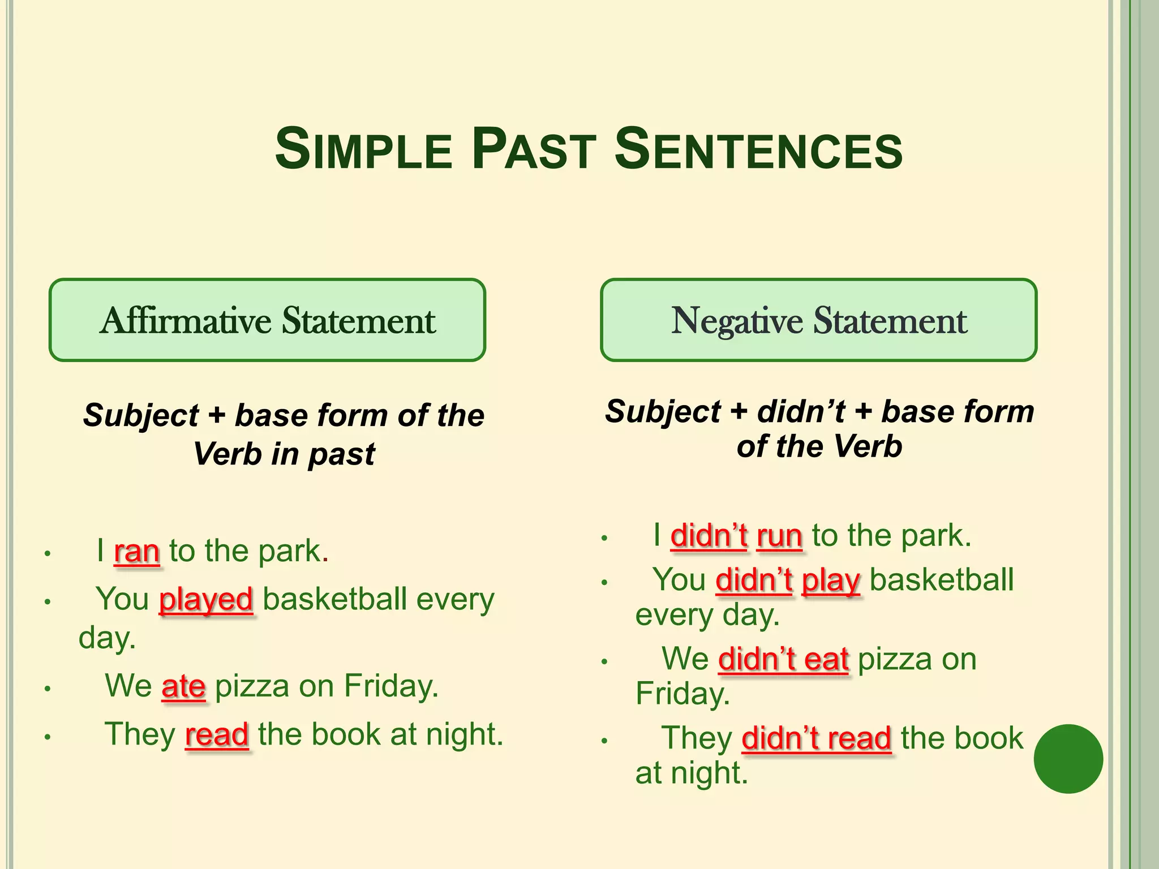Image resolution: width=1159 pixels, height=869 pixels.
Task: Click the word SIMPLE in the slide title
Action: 363,150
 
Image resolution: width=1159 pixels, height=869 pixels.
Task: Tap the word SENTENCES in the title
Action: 758,150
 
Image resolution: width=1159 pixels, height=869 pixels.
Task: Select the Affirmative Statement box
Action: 267,320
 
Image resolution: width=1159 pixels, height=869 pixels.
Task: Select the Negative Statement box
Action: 818,320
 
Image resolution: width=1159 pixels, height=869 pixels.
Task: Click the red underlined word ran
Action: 137,551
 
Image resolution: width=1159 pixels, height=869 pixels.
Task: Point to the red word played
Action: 206,600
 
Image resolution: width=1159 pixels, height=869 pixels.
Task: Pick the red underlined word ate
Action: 183,686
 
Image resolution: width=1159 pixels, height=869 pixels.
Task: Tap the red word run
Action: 779,536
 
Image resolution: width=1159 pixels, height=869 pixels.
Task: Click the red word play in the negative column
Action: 831,580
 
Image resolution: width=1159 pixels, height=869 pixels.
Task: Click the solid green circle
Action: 1068,759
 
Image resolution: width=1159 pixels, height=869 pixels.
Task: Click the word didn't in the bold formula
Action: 801,412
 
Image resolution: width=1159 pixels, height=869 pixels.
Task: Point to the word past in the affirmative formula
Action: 341,454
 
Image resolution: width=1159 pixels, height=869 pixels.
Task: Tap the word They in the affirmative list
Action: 140,735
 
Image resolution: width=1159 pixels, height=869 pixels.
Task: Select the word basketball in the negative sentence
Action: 941,580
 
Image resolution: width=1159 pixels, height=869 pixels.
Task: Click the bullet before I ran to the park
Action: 48,553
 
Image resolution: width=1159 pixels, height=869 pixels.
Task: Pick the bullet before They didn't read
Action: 604,740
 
